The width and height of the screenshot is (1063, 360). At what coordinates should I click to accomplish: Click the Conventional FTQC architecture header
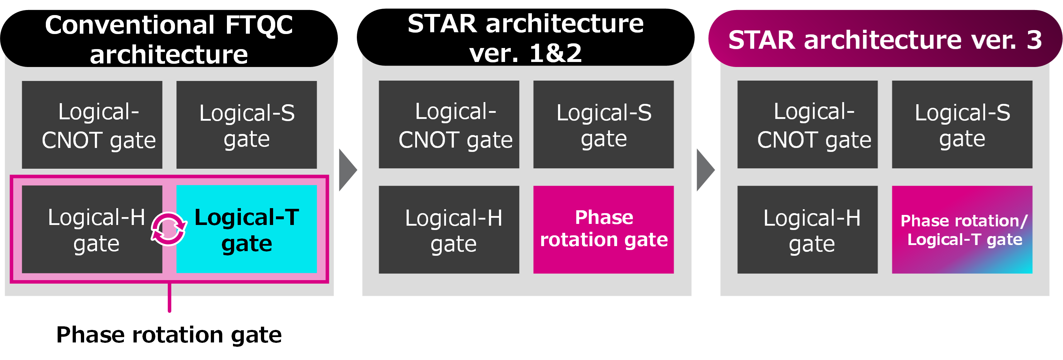click(x=169, y=38)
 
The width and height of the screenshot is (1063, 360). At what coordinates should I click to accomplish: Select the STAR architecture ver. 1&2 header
click(x=525, y=37)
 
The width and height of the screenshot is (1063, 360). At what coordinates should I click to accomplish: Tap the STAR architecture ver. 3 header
click(x=885, y=38)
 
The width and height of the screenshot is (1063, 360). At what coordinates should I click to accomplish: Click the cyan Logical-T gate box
click(x=246, y=229)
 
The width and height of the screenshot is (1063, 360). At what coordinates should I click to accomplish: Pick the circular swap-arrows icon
click(x=169, y=229)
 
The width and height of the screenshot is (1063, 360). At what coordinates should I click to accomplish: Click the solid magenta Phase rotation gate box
click(x=603, y=230)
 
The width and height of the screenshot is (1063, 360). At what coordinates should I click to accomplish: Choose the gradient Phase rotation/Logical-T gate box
click(x=962, y=230)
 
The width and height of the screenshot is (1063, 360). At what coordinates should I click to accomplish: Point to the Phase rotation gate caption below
click(x=169, y=335)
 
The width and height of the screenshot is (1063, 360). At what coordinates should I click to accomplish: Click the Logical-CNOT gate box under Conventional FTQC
click(x=92, y=125)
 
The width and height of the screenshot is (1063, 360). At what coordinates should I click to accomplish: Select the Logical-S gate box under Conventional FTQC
click(x=246, y=125)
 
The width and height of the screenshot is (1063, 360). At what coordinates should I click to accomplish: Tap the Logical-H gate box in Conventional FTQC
click(x=92, y=229)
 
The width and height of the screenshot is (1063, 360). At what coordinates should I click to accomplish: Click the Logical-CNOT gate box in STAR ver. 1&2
click(x=449, y=124)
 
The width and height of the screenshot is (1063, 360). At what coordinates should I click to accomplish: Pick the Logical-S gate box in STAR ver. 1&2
click(x=603, y=124)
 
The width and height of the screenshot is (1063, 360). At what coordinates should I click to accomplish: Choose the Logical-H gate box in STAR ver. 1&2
click(x=449, y=230)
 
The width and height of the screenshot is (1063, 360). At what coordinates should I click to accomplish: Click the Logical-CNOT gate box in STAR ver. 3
click(x=807, y=124)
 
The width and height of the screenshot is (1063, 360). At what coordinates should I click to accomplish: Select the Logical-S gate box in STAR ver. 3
click(x=962, y=124)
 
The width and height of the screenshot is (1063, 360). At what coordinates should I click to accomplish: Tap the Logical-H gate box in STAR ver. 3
click(x=807, y=230)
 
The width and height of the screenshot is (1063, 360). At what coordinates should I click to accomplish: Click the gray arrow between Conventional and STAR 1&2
click(x=348, y=170)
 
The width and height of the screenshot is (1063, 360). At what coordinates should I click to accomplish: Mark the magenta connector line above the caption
click(x=169, y=298)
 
